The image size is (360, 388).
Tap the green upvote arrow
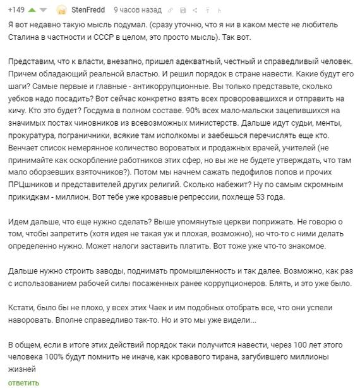(32, 9)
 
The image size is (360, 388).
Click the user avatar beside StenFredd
(62, 9)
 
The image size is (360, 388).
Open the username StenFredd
(88, 10)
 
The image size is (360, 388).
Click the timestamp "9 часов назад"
(137, 10)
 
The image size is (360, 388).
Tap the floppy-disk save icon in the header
(183, 10)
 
